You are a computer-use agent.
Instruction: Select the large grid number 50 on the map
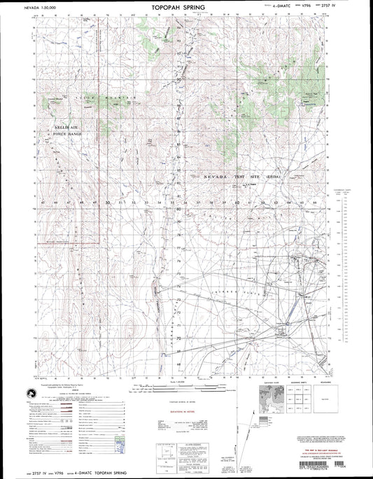coord(107,203)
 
